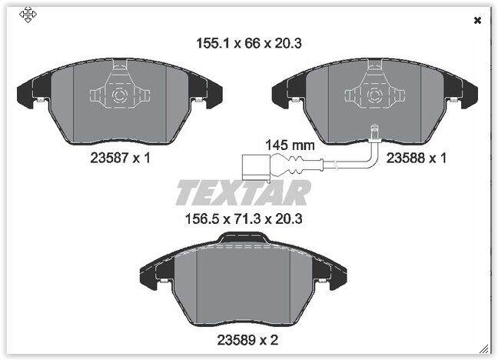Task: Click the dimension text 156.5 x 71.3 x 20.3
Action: (245, 218)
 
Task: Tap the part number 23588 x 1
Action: (416, 158)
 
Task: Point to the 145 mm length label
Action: (290, 144)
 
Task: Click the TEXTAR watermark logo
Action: (243, 192)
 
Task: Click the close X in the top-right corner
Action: (478, 21)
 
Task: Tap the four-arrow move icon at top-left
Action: (28, 15)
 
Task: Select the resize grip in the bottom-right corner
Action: (484, 348)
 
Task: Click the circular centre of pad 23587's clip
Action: (119, 96)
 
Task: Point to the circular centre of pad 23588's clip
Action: (374, 96)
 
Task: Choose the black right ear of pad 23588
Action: (468, 95)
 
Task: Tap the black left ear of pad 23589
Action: (151, 275)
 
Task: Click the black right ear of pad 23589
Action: (336, 275)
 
